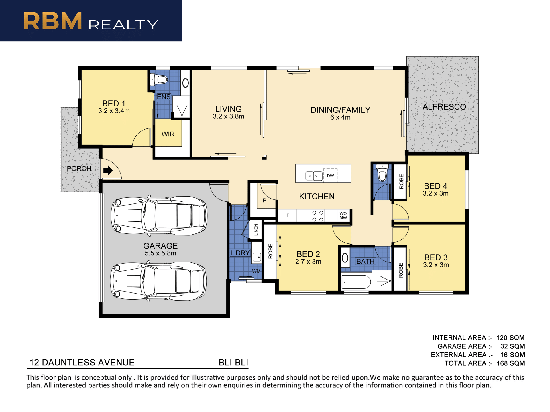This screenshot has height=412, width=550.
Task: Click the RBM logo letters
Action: (53, 21)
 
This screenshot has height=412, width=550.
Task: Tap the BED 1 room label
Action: (114, 103)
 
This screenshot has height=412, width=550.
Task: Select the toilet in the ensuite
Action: (159, 79)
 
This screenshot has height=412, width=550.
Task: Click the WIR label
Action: (168, 134)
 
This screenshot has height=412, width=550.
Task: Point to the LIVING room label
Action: (228, 109)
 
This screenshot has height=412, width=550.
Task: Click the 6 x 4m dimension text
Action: (340, 117)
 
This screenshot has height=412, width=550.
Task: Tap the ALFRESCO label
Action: (444, 107)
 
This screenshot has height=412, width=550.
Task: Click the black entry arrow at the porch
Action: (108, 171)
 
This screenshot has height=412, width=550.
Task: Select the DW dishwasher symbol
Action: (330, 175)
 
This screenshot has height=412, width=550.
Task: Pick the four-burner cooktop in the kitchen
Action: (318, 216)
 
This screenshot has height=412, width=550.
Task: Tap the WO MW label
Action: (343, 215)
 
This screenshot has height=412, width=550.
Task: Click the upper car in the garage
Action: (159, 216)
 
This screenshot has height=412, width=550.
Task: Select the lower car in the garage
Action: (158, 281)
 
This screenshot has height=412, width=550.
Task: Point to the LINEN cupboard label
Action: (256, 229)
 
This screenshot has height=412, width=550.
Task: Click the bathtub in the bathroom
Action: (356, 282)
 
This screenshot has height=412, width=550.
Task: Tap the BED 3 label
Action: (436, 257)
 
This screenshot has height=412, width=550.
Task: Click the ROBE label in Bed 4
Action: (401, 181)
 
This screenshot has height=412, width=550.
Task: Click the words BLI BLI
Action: (233, 363)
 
